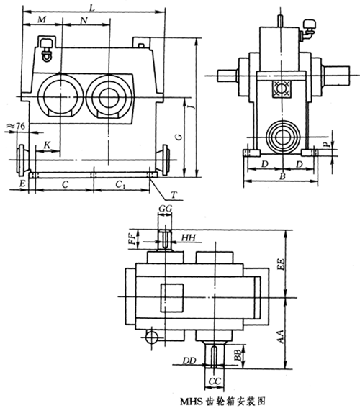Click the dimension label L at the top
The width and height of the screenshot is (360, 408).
(x=92, y=8)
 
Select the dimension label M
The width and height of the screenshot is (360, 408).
(x=42, y=19)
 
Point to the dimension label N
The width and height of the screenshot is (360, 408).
(x=84, y=20)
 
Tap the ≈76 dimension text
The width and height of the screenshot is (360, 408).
(x=16, y=126)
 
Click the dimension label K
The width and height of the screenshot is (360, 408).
(x=47, y=145)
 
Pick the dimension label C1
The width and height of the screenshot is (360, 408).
(x=119, y=184)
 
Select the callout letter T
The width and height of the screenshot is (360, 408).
(x=174, y=194)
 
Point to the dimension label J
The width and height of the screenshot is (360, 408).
(x=193, y=106)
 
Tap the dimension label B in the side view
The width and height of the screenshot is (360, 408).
(x=282, y=176)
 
